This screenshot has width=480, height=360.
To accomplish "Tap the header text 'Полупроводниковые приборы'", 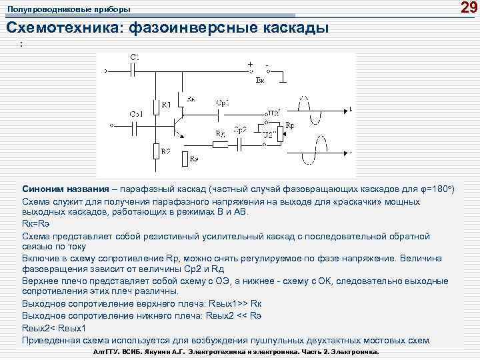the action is [x=69, y=10].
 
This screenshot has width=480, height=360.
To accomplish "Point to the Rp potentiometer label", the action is [x=291, y=125].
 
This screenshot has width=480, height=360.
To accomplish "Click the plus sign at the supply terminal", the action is [x=250, y=65].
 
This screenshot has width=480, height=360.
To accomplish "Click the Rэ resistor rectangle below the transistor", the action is [x=183, y=159].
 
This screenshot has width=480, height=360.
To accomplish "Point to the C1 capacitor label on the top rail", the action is [x=133, y=58].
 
